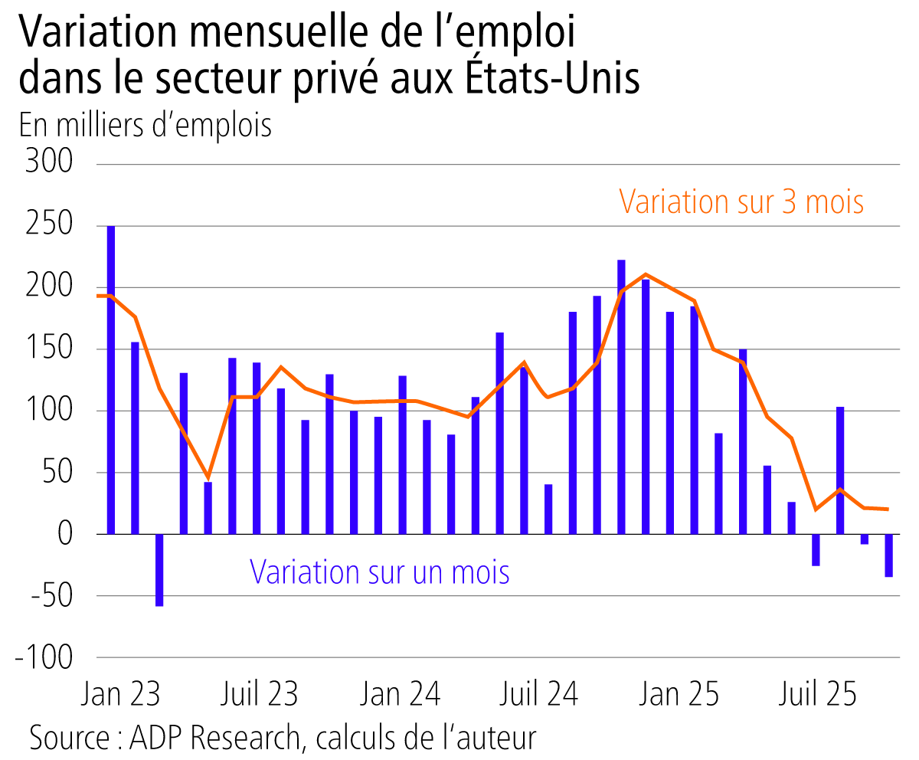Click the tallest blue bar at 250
[111, 379]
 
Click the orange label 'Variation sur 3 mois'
[741, 202]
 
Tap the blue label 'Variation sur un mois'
[380, 572]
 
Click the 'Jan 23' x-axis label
[120, 694]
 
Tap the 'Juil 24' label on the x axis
[538, 694]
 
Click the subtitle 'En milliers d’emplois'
[146, 125]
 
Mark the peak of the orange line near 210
[646, 274]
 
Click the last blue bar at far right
[888, 555]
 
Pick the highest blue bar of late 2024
[621, 396]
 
